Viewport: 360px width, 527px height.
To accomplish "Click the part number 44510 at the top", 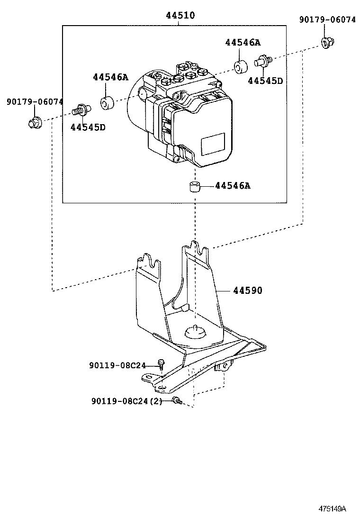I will click(x=180, y=16).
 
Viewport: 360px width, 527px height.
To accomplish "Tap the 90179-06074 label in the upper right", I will click(x=327, y=19).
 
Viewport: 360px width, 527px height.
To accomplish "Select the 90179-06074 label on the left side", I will click(x=35, y=102).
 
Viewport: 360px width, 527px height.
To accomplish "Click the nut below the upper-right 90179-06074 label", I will click(x=326, y=43).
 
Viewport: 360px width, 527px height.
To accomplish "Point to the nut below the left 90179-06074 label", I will click(x=34, y=123).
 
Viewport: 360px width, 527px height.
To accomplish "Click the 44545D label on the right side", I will click(x=265, y=81).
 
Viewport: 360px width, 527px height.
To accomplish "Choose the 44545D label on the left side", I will click(x=88, y=127).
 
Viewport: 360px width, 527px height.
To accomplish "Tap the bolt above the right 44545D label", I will click(x=263, y=61).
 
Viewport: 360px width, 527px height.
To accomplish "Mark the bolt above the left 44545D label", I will click(x=81, y=111).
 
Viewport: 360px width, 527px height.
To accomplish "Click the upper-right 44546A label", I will click(x=243, y=42).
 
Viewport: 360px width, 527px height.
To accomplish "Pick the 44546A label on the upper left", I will click(x=110, y=77).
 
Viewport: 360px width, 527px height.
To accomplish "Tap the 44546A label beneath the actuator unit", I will click(x=232, y=186).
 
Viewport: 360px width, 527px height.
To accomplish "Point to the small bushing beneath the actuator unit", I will click(x=194, y=187).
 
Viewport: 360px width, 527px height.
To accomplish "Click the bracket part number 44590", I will click(x=247, y=290).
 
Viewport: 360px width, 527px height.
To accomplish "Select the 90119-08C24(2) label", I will click(x=126, y=401).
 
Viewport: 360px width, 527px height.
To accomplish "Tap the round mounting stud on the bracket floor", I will click(x=195, y=331).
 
